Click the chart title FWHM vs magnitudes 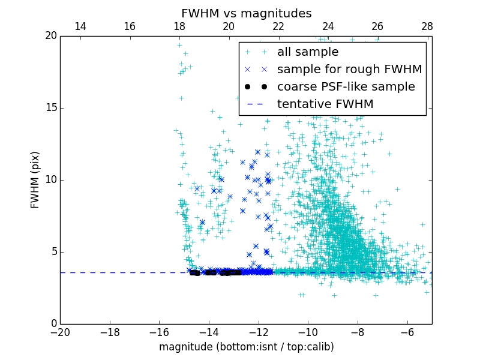246,13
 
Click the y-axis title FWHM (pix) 35,179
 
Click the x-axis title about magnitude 246,347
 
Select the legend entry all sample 307,52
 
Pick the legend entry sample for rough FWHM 349,70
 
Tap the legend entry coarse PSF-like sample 346,87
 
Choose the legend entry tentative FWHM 325,104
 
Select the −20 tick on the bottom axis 60,332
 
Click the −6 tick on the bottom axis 407,332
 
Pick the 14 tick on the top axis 80,26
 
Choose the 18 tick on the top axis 179,26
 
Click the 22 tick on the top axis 278,26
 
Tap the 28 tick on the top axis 427,26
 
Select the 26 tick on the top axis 377,26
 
